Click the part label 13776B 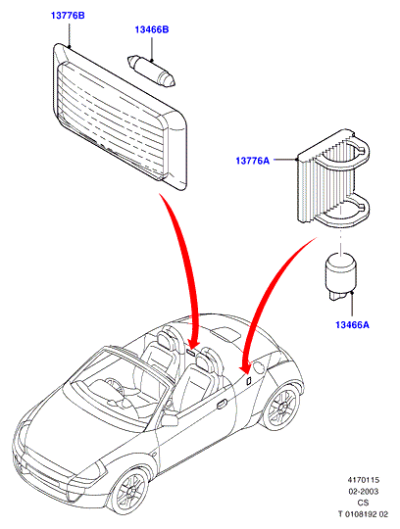(x=68, y=15)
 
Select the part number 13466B (x=152, y=29)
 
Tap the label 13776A (x=253, y=161)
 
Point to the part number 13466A (x=352, y=325)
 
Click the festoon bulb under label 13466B (x=151, y=72)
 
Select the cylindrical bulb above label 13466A (x=340, y=276)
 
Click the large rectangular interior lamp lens (x=120, y=118)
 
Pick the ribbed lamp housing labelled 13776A (x=333, y=177)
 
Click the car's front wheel (x=130, y=490)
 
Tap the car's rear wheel (x=281, y=407)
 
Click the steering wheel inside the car (x=114, y=386)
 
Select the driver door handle (x=223, y=404)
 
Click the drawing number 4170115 (x=364, y=480)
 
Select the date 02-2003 (x=364, y=491)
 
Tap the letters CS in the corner (x=363, y=503)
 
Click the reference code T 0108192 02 (x=364, y=514)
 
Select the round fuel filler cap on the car (x=259, y=366)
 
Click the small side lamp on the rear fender (x=248, y=380)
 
